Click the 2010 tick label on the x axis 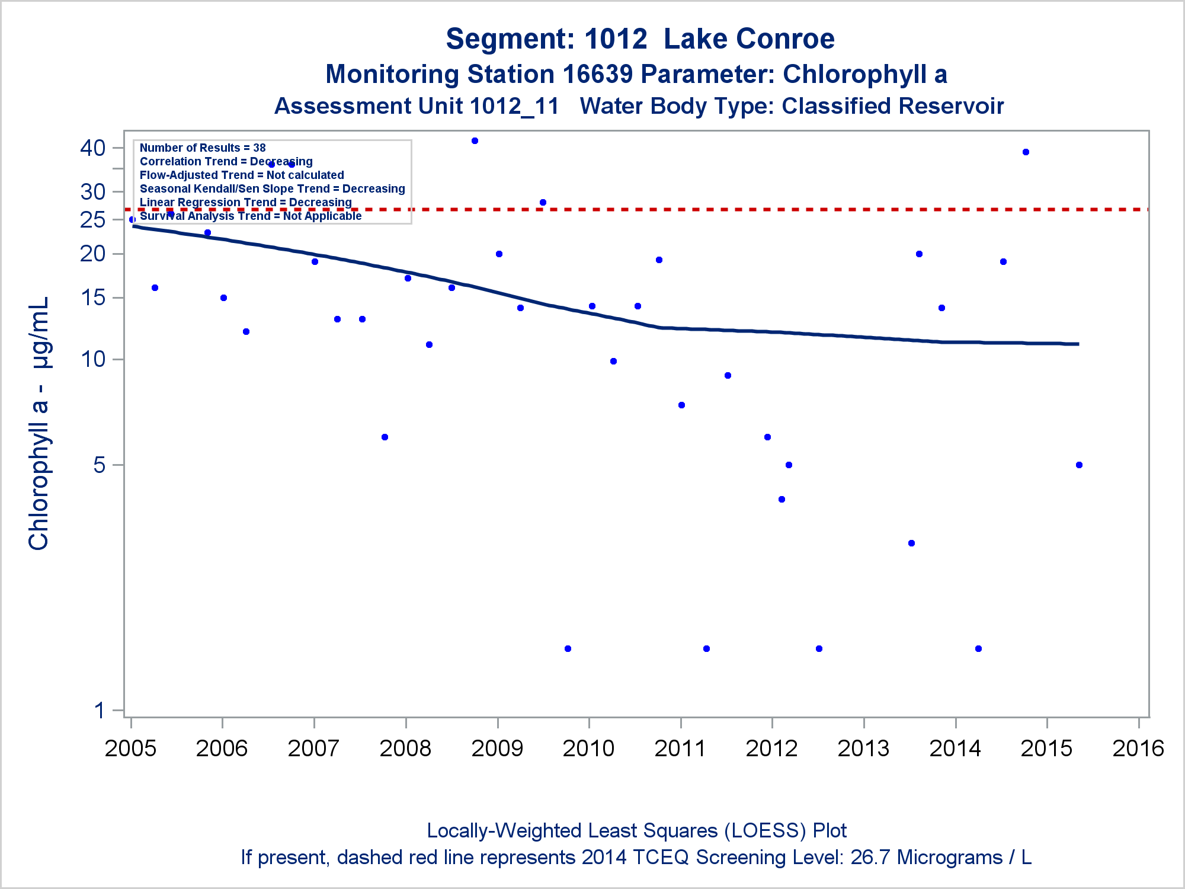(x=588, y=749)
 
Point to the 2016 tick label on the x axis (x=1138, y=749)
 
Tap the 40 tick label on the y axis (x=93, y=148)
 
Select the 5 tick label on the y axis (x=100, y=465)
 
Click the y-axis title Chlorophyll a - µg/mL (x=39, y=424)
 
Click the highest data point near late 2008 (x=475, y=141)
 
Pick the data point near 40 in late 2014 (x=1026, y=152)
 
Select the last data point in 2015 (x=1079, y=465)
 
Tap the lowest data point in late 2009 (x=568, y=648)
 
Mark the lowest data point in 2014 (x=978, y=648)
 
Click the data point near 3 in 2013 (x=911, y=543)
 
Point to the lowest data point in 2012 (x=819, y=648)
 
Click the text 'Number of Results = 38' (x=203, y=148)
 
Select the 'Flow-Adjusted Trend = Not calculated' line (x=242, y=175)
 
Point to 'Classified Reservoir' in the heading (x=892, y=106)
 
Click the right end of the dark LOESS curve (x=1077, y=344)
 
